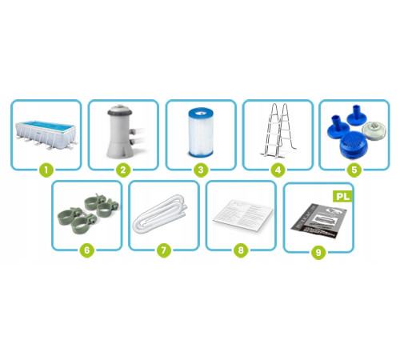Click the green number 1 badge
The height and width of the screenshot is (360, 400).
pos(46,170)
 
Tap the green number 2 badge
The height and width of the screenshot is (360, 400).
pos(123,170)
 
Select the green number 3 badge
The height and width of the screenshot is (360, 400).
pos(201,170)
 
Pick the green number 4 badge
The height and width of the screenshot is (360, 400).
pos(278,170)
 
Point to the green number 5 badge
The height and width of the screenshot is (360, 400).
pos(354,170)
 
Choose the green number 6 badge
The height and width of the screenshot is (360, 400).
pos(87,250)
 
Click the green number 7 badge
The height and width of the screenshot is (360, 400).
pos(164,250)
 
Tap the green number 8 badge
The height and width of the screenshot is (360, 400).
pos(241,250)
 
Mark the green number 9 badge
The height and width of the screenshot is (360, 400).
pos(318,253)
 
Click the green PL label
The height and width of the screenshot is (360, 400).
pos(343,197)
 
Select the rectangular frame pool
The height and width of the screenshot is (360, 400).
pos(46,135)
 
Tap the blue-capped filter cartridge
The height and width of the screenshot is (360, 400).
pos(201,132)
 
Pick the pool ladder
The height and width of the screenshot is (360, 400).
pos(278,130)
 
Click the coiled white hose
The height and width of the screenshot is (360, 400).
pos(160,214)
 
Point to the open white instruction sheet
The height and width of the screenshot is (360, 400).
pos(243,215)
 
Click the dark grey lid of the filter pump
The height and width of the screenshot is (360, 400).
pos(120,110)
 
